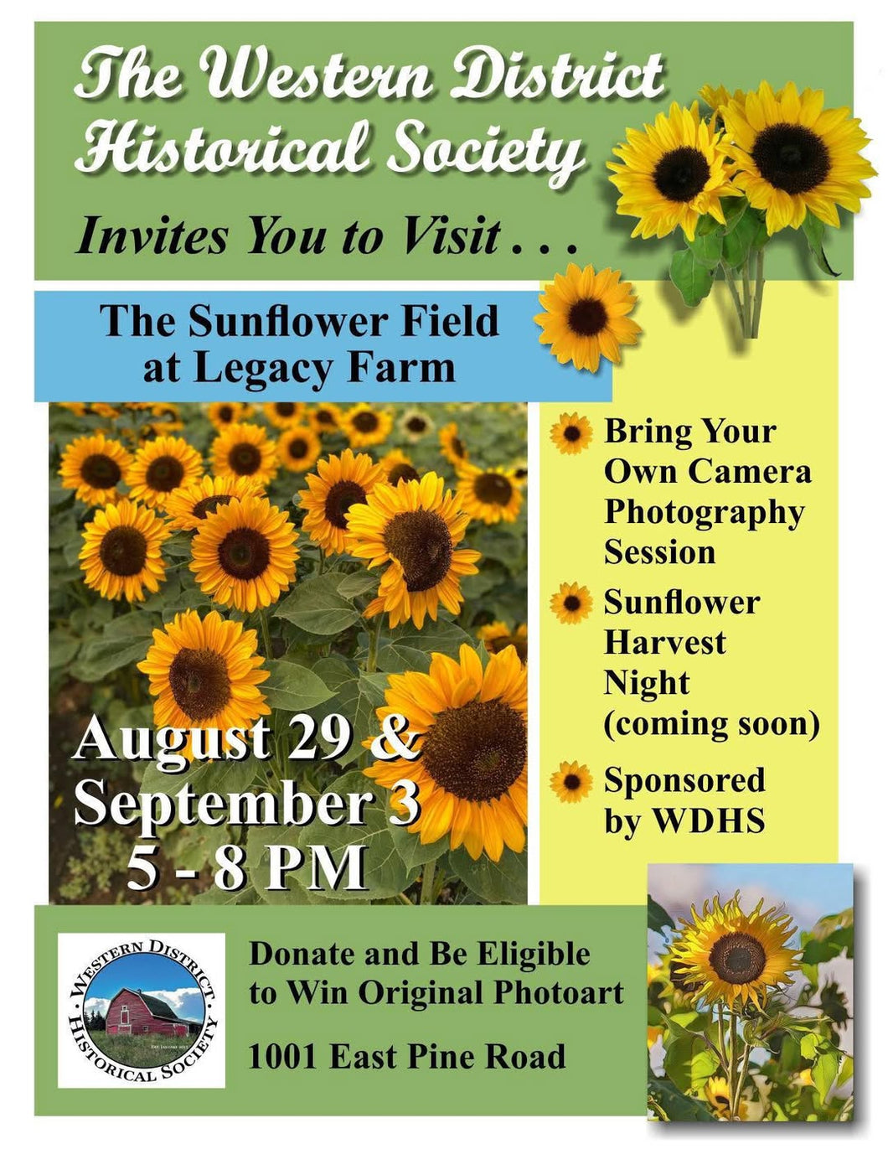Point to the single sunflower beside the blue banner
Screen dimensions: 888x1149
(587, 318)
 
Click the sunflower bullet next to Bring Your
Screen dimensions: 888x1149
(570, 434)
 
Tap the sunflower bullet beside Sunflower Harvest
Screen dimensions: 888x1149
(570, 603)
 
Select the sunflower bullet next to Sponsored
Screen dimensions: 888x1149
(570, 782)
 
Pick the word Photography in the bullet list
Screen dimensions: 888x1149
(705, 514)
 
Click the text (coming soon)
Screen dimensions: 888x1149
(711, 725)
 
